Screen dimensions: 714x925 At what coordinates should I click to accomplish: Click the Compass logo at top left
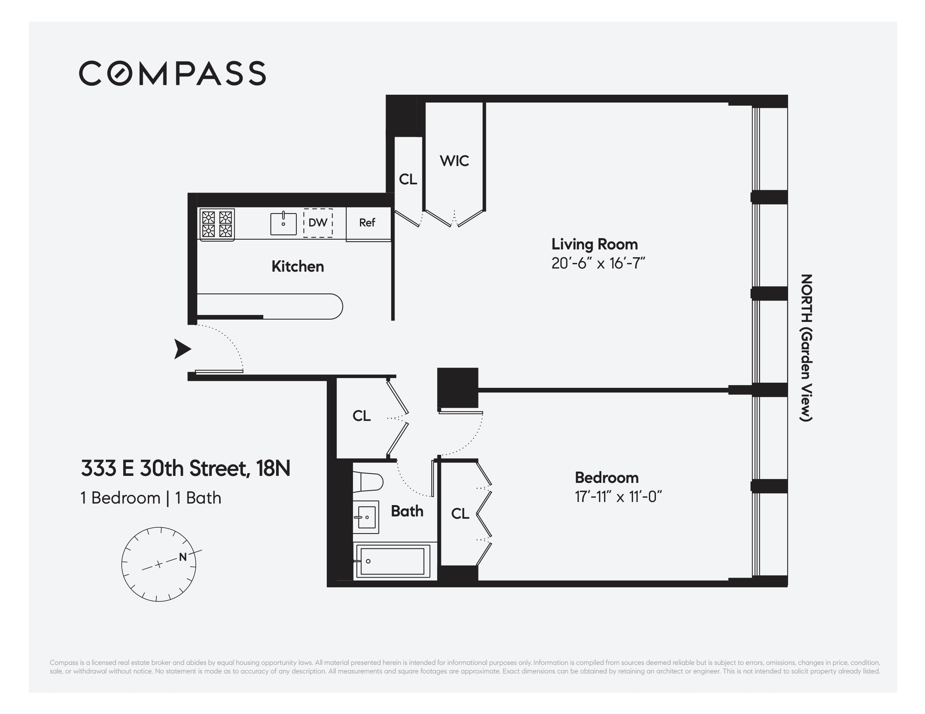tap(172, 73)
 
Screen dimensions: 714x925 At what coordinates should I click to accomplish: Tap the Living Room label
tap(594, 244)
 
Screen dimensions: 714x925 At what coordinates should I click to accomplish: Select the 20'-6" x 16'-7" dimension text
tap(597, 263)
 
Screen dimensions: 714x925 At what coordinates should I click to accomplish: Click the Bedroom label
tap(606, 477)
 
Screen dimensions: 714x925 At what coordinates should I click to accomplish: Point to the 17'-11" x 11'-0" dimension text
tap(618, 497)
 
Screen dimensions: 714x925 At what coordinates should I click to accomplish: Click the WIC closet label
tap(454, 161)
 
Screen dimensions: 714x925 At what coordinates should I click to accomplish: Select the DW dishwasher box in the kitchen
tap(318, 223)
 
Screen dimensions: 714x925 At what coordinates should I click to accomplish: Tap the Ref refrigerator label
tap(367, 223)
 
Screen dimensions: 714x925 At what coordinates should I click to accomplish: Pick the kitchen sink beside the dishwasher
tap(284, 223)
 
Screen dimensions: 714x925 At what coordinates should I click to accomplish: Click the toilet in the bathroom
tap(367, 482)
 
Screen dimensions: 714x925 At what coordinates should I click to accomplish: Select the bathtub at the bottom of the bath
tap(392, 561)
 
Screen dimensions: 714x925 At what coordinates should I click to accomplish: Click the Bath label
tap(407, 511)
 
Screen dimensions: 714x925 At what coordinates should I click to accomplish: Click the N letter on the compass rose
tap(183, 557)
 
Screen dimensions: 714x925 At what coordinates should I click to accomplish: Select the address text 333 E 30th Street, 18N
tap(186, 468)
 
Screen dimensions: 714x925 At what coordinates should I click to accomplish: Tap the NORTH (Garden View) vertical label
tap(806, 348)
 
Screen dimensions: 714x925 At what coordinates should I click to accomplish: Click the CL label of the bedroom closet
tap(460, 514)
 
